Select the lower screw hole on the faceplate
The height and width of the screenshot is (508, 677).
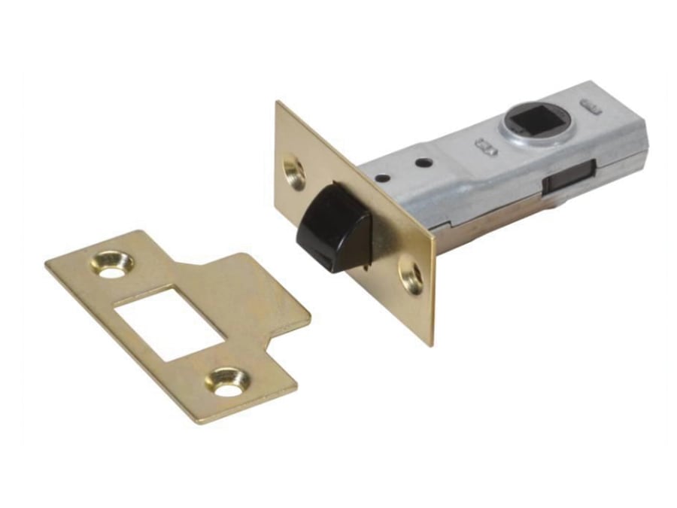click(411, 275)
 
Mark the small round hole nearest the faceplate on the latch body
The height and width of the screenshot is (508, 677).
click(384, 178)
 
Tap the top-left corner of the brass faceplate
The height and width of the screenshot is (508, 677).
click(277, 103)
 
